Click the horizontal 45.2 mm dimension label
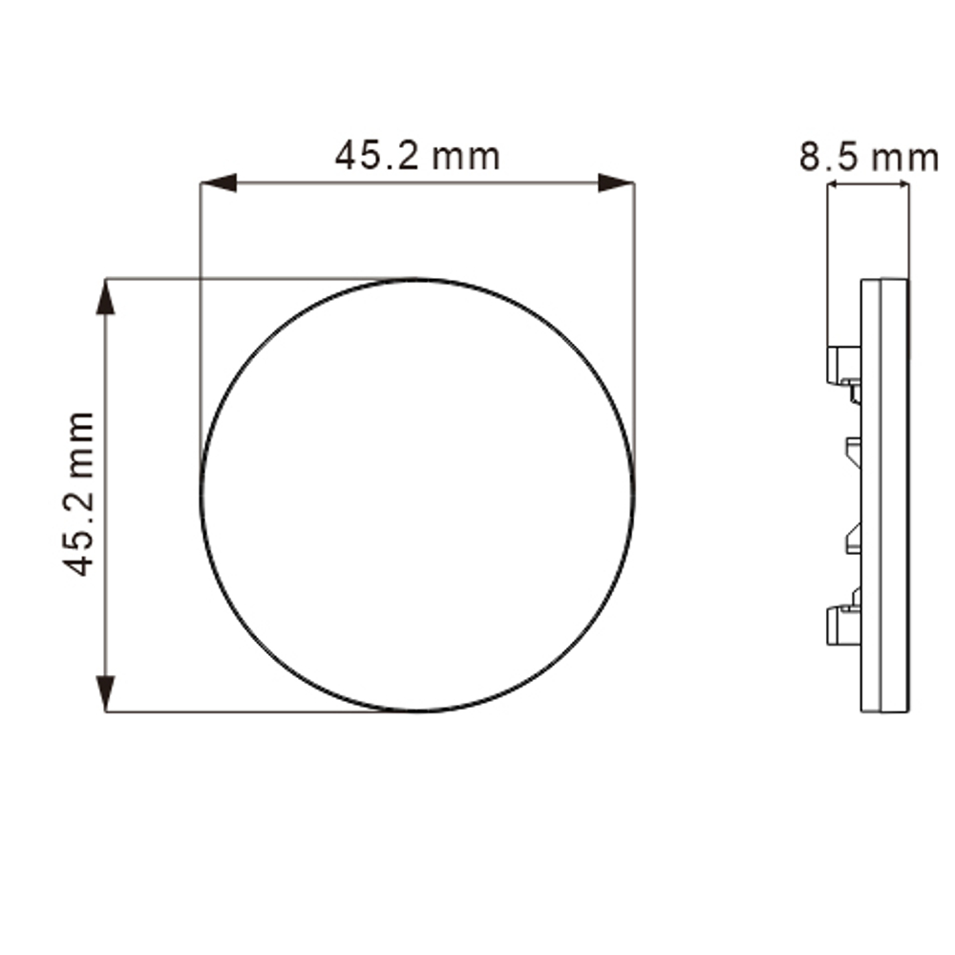(x=417, y=156)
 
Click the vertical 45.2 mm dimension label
(x=79, y=494)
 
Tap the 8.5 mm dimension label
(x=868, y=158)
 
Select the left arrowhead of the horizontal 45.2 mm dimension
(x=219, y=182)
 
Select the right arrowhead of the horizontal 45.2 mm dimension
(x=616, y=182)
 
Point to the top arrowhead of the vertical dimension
(x=105, y=297)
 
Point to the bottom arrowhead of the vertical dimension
(x=105, y=693)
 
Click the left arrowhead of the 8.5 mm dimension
(x=834, y=184)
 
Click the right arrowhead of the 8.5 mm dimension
(x=902, y=184)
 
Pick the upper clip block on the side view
(x=843, y=366)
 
